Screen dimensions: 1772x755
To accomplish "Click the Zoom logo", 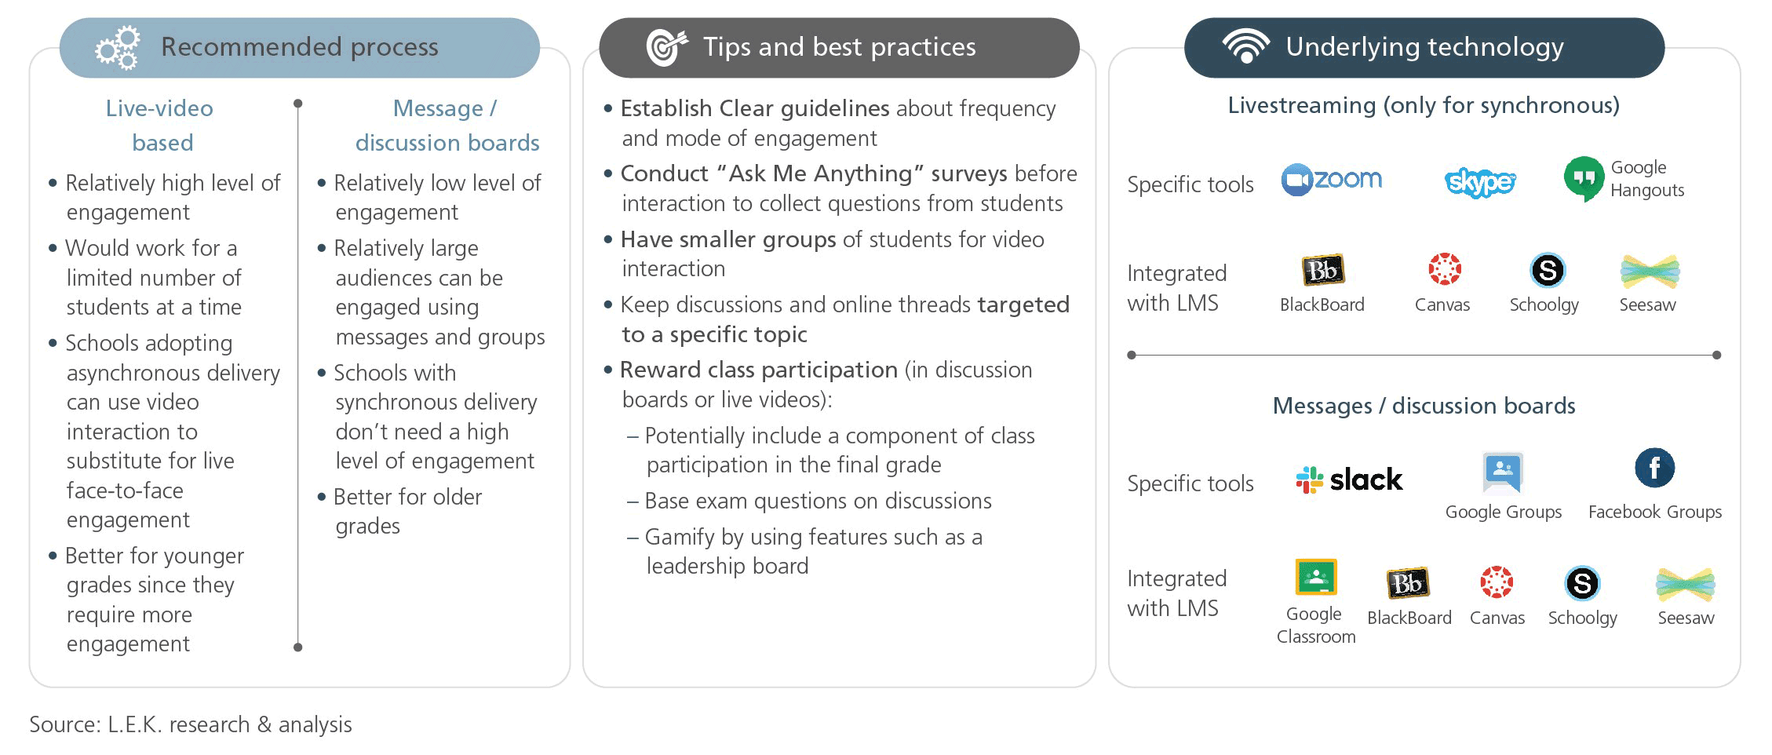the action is click(1331, 180).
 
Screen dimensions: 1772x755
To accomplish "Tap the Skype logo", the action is click(1479, 182).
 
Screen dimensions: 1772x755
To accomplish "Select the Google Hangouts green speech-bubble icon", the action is click(1584, 178).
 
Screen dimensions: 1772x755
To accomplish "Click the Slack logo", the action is click(1349, 480).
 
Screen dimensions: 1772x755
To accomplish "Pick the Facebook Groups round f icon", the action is click(1654, 469).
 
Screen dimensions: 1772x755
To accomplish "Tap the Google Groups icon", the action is click(1503, 472).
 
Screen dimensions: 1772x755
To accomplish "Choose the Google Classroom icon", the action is click(1316, 578).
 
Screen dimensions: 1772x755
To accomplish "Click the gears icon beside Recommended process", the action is click(118, 48).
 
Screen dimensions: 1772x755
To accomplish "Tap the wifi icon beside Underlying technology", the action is click(1246, 46).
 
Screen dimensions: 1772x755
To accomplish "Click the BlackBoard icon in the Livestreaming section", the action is click(1322, 271).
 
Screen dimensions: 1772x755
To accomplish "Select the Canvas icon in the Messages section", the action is click(1497, 582).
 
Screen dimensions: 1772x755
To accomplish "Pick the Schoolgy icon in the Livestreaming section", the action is click(1548, 271).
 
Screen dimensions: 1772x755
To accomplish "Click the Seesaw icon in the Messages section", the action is click(1686, 585).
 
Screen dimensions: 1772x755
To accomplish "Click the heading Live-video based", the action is click(160, 126).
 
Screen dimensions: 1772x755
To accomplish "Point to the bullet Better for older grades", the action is click(400, 511).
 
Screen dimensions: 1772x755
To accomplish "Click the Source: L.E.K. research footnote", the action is click(191, 724).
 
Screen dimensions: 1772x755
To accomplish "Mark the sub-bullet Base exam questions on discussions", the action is click(809, 501).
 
